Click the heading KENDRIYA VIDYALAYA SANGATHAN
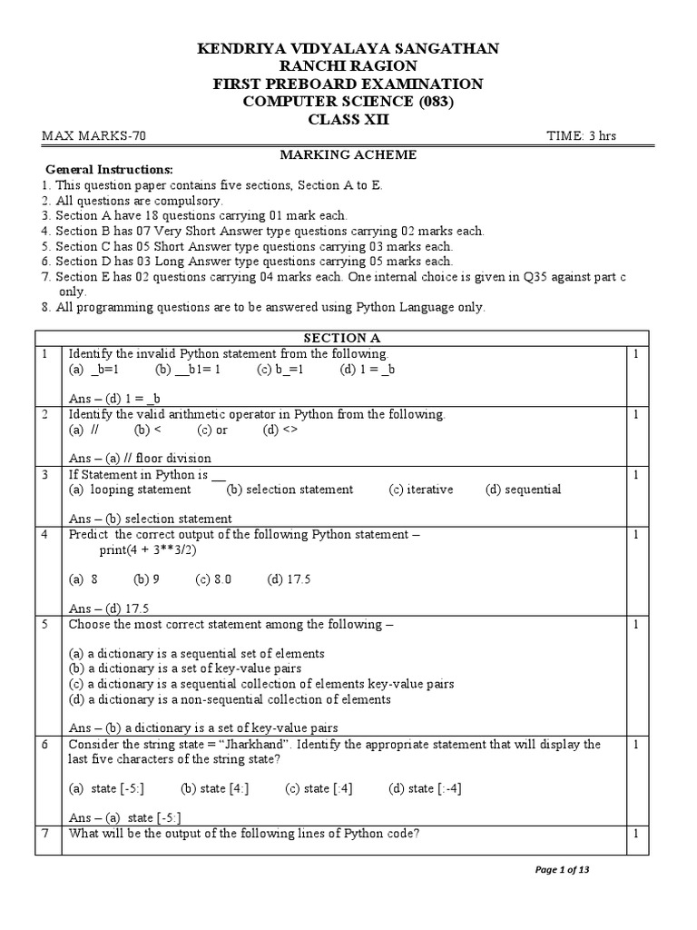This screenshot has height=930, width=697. [x=348, y=48]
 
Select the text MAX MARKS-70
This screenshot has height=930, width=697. [x=93, y=136]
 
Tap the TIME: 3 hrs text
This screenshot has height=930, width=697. [x=581, y=136]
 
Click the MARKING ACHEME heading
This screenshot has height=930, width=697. [x=348, y=154]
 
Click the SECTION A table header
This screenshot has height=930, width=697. [x=348, y=338]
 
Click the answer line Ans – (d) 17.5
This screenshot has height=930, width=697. [x=109, y=608]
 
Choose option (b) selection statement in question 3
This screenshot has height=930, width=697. [x=290, y=490]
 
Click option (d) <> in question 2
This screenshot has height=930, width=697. [x=281, y=430]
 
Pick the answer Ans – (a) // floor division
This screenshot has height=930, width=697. [x=140, y=458]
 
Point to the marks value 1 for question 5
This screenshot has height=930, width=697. [x=636, y=625]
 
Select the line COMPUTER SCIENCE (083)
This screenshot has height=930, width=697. [x=348, y=101]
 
